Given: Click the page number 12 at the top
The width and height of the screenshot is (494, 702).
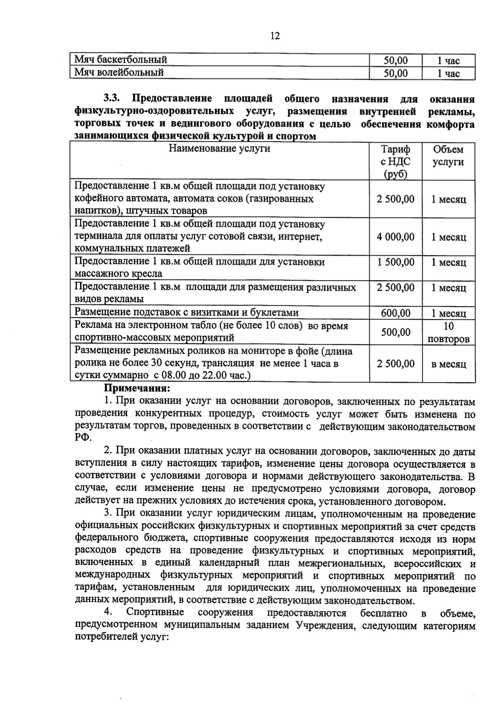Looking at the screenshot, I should (275, 36).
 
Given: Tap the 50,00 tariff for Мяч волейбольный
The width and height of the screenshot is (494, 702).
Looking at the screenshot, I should (396, 73).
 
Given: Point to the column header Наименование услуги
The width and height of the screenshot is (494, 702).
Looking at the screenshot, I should (219, 149).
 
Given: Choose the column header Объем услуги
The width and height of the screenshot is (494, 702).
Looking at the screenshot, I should (448, 156).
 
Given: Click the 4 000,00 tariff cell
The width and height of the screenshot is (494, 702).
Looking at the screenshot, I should (396, 237).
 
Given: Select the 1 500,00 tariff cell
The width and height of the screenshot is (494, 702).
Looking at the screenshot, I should (396, 262).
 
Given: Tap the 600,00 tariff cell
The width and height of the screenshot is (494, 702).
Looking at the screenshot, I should (396, 313).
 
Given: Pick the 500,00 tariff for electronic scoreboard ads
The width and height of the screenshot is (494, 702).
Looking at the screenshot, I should (396, 332).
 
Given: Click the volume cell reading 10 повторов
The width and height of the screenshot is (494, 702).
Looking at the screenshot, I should (448, 333).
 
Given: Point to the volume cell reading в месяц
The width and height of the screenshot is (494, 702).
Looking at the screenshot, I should (448, 364).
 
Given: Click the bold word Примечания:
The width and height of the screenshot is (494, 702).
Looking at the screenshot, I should (137, 388).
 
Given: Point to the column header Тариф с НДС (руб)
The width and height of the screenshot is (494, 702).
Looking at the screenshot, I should (396, 162).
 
